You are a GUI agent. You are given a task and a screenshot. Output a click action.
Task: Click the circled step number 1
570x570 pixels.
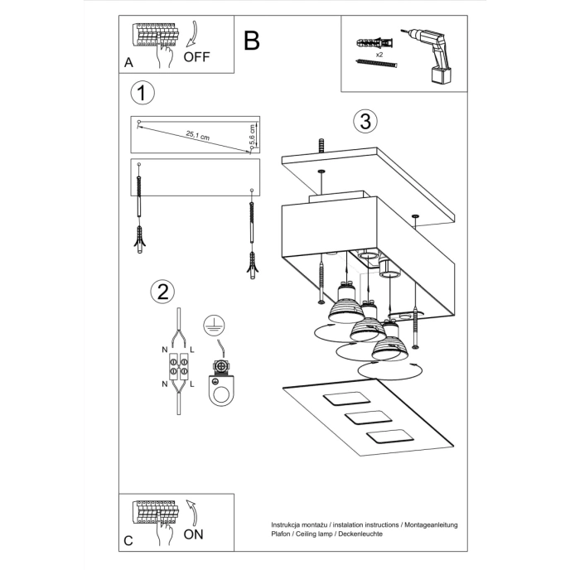142,93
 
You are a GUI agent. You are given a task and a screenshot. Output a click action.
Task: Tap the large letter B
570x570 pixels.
252,41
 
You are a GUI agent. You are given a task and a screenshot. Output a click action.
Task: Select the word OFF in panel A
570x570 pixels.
197,57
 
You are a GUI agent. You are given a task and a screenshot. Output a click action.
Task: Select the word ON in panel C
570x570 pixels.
193,534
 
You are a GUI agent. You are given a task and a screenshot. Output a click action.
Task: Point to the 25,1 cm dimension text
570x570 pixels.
197,134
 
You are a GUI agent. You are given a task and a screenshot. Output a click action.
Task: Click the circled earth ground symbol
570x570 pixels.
215,325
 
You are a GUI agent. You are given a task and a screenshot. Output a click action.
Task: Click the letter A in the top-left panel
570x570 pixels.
128,63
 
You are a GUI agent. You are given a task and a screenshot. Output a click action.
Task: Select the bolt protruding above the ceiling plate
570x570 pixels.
321,144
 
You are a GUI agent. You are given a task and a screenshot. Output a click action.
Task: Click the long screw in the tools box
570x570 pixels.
377,64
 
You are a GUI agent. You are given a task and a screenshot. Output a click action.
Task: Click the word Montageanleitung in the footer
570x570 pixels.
429,525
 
